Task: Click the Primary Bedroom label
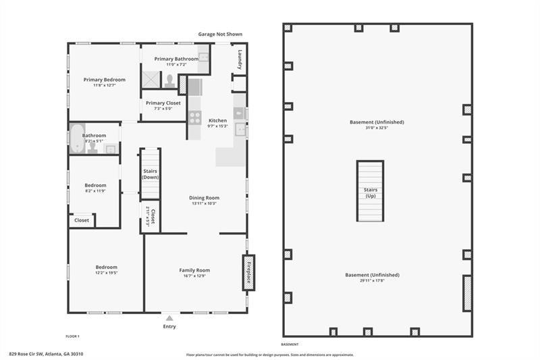pos(105,80)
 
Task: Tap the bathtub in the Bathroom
pos(76,138)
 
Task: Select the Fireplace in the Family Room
pos(248,272)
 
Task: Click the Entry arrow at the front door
pos(169,317)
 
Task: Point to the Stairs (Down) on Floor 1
pos(150,174)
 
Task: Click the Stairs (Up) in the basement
pos(370,192)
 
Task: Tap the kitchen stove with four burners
pos(194,118)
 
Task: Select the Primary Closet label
pos(163,103)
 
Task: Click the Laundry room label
pos(239,61)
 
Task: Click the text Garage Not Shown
pos(219,34)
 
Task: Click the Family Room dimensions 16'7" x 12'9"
pos(194,276)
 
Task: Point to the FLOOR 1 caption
pos(73,335)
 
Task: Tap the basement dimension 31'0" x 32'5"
pos(377,128)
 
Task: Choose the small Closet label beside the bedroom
pos(82,220)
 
